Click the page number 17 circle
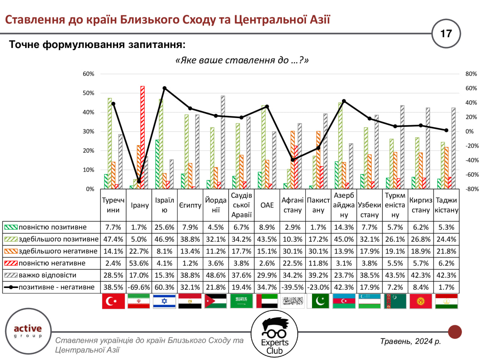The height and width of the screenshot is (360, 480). point(446,33)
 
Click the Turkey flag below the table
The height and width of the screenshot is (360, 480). point(113,301)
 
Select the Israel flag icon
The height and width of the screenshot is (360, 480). point(164,301)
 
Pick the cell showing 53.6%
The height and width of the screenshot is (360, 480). point(139,263)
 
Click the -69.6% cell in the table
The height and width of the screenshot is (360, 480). point(139,287)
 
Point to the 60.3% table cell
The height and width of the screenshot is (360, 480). point(164,287)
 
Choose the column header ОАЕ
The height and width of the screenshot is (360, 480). point(267,205)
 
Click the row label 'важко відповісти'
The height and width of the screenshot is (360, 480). point(47,275)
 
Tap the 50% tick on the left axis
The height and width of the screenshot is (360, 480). point(88,93)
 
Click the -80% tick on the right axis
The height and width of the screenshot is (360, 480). point(471,189)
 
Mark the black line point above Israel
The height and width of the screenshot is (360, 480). point(165,88)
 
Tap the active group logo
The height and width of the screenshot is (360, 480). point(28,331)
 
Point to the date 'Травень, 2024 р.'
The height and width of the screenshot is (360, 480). point(410,341)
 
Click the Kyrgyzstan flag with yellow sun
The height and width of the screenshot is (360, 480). point(421,301)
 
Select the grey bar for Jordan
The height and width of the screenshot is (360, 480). point(223,142)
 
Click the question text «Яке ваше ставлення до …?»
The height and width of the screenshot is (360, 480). point(242,60)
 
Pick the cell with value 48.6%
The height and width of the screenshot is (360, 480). point(216,275)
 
